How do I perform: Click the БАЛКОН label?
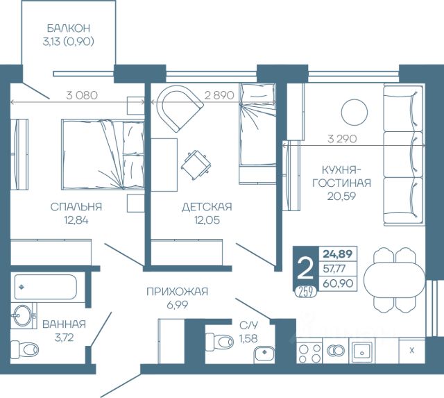tap(68, 28)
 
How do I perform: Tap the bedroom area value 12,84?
tap(76, 219)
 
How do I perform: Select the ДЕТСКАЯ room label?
tap(207, 207)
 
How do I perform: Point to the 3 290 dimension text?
tap(342, 139)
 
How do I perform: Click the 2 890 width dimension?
tap(219, 95)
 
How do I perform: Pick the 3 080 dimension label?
tap(82, 95)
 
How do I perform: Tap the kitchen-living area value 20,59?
tap(341, 196)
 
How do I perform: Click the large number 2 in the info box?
tap(306, 269)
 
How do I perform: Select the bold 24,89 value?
tap(338, 254)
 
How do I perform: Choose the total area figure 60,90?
tap(338, 283)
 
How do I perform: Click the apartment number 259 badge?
tap(305, 292)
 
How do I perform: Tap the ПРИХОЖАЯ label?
tap(178, 292)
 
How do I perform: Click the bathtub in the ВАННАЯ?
tap(46, 287)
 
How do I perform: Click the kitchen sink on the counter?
tap(361, 352)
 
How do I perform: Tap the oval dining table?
tap(394, 280)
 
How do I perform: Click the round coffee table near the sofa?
tap(355, 113)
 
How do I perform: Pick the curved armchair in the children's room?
tap(180, 108)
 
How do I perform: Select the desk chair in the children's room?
tap(196, 165)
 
